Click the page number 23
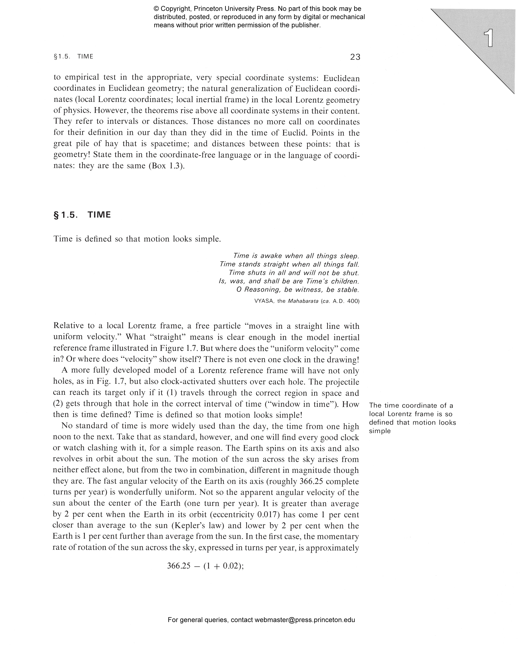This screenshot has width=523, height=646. click(x=355, y=57)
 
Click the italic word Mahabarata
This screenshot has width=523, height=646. click(x=303, y=301)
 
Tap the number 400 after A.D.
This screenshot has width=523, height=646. click(x=353, y=301)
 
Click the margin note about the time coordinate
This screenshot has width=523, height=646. click(x=412, y=418)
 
